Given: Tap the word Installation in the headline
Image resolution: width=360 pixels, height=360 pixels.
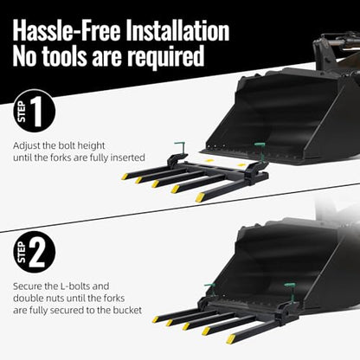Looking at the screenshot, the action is point(178,30).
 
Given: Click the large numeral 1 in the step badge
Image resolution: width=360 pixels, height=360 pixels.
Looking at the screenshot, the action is point(37,112).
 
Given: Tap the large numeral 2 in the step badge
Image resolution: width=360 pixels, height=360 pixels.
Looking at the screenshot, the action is point(37,253).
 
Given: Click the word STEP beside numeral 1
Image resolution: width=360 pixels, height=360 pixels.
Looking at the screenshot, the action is point(22,112).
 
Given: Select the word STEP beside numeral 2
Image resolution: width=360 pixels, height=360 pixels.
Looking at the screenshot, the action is point(22,253).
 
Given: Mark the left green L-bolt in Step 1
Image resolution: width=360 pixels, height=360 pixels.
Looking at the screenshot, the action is point(180,149).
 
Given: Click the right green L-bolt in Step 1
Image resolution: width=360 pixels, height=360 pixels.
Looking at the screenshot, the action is point(260,151).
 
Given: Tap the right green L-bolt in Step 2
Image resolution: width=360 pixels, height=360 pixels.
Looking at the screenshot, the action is point(291,292).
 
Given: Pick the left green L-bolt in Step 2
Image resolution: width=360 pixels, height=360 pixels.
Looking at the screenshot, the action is point(210,289).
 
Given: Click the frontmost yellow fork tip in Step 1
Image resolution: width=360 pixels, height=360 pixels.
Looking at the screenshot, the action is point(200,197).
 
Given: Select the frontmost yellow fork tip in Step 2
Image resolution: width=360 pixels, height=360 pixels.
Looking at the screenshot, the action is point(231,339).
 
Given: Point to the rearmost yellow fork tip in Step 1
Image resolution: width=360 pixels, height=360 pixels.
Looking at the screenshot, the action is point(125,177).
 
